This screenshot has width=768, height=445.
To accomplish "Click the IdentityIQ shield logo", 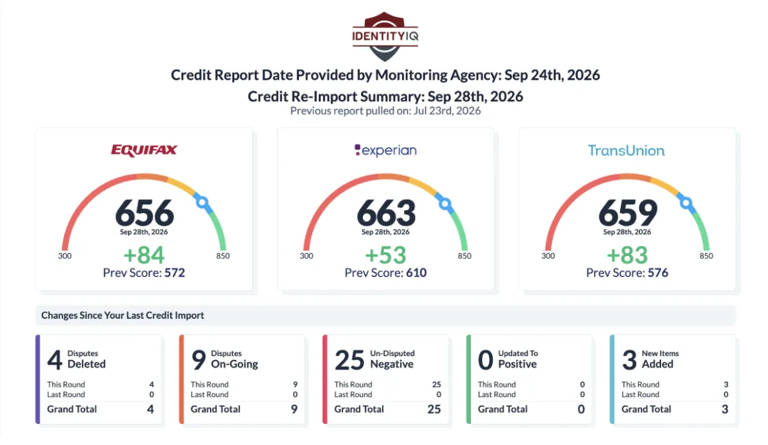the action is pyautogui.click(x=385, y=36).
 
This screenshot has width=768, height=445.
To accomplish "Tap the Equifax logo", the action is pyautogui.click(x=144, y=150).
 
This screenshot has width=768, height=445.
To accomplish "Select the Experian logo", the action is pyautogui.click(x=385, y=150).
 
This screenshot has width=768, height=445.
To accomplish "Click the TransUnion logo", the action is pyautogui.click(x=627, y=150).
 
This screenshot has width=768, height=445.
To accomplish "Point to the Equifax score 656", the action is pyautogui.click(x=145, y=213).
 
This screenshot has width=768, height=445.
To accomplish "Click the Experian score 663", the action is pyautogui.click(x=386, y=213).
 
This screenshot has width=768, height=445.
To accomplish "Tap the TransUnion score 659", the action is pyautogui.click(x=628, y=213).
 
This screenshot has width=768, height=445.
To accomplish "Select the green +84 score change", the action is pyautogui.click(x=144, y=255).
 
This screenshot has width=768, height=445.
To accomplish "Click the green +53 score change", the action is pyautogui.click(x=386, y=255).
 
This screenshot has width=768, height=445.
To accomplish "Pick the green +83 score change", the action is pyautogui.click(x=627, y=255).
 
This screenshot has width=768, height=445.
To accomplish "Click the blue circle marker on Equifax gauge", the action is pyautogui.click(x=202, y=202).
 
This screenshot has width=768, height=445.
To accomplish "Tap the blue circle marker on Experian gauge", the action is pyautogui.click(x=445, y=204).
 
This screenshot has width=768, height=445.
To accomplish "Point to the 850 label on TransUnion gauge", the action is pyautogui.click(x=707, y=256).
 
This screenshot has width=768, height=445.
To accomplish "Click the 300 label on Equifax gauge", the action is pyautogui.click(x=65, y=256).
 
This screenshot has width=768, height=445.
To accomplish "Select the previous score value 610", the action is pyautogui.click(x=416, y=273).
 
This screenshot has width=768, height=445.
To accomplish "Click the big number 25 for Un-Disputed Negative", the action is pyautogui.click(x=349, y=360).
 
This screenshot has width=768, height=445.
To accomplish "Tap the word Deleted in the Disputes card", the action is pyautogui.click(x=86, y=364).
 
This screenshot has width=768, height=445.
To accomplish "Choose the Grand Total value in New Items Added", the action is pyautogui.click(x=724, y=409).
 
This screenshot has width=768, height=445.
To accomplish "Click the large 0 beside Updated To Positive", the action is pyautogui.click(x=486, y=360).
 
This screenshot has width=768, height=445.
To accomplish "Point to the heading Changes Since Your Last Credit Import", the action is pyautogui.click(x=122, y=315).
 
